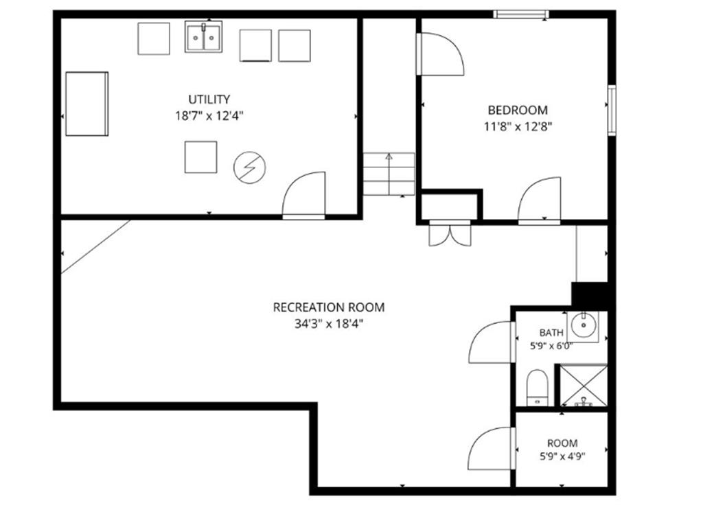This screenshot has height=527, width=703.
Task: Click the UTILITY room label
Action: click(209, 99)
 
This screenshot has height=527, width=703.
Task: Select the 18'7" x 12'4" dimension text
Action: click(209, 116)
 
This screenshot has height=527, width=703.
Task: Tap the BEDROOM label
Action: click(518, 110)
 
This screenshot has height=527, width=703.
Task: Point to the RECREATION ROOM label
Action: click(329, 307)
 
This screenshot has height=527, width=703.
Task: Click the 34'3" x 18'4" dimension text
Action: click(329, 324)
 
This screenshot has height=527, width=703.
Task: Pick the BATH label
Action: click(551, 333)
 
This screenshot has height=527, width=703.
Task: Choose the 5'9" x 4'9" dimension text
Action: click(562, 456)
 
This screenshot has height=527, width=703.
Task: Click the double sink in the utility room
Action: click(203, 37)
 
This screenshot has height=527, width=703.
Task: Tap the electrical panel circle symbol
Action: click(250, 167)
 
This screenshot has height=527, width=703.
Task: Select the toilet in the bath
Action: click(537, 388)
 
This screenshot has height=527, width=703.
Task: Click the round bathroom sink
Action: click(584, 327)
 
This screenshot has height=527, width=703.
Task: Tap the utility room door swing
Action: click(303, 194)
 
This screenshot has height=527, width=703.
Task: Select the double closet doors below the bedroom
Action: click(450, 233)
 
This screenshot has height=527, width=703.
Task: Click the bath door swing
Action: click(490, 342)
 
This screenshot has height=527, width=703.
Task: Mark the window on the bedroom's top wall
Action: click(521, 14)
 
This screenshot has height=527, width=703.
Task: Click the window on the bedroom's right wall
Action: click(612, 110)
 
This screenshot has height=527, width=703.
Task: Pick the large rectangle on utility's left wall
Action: click(87, 104)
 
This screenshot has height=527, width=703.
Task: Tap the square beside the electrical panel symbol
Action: click(201, 157)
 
